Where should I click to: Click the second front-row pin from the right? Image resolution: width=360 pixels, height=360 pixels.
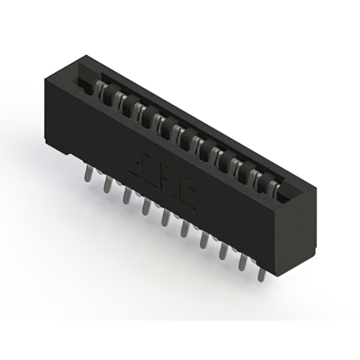[x=242, y=261]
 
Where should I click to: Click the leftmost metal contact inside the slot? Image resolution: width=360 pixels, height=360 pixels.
[x=100, y=88]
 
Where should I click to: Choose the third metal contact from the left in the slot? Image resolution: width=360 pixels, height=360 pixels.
[x=134, y=106]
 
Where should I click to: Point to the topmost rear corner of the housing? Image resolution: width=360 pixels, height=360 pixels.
[x=85, y=56]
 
